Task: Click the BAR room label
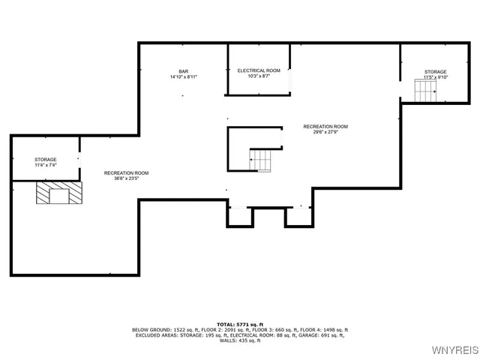pyautogui.click(x=183, y=71)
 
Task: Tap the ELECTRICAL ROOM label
pyautogui.click(x=259, y=70)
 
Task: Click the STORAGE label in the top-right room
pyautogui.click(x=435, y=72)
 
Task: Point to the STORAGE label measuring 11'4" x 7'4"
pyautogui.click(x=45, y=160)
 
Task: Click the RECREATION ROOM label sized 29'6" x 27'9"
pyautogui.click(x=325, y=126)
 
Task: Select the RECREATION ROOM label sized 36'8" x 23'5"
pyautogui.click(x=126, y=173)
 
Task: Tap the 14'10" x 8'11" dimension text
pyautogui.click(x=183, y=77)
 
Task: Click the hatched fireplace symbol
pyautogui.click(x=58, y=194)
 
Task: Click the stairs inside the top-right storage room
pyautogui.click(x=425, y=91)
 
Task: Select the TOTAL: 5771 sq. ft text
pyautogui.click(x=240, y=323)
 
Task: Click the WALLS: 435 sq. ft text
pyautogui.click(x=240, y=341)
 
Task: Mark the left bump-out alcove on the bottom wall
pyautogui.click(x=240, y=217)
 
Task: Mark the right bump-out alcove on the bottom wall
pyautogui.click(x=296, y=217)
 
